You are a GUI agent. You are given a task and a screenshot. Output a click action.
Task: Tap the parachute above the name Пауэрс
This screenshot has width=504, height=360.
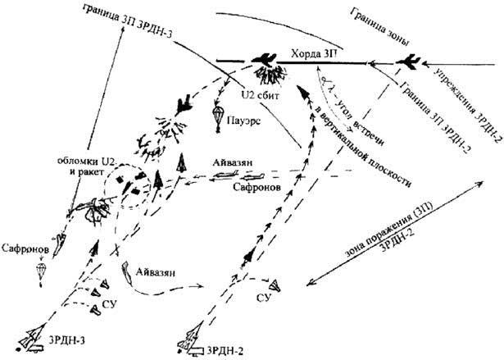[x=218, y=116]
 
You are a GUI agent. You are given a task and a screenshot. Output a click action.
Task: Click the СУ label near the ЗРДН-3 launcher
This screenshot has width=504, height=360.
[x=109, y=308]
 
